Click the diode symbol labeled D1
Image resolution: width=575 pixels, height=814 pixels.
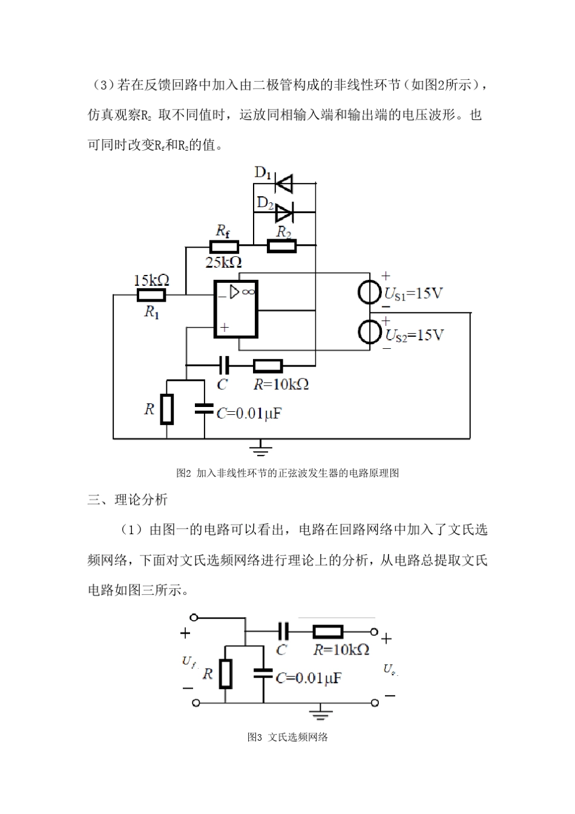click(283, 182)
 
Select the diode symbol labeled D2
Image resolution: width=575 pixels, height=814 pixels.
click(284, 213)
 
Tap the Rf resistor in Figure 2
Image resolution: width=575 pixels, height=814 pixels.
click(224, 246)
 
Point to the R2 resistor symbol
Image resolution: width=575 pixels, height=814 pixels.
click(282, 246)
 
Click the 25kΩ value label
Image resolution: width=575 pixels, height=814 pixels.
click(223, 262)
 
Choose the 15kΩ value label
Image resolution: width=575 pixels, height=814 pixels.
click(151, 280)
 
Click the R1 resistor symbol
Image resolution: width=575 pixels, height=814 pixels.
click(151, 296)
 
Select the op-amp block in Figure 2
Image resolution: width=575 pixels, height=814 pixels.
click(235, 309)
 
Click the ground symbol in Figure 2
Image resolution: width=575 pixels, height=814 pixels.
click(261, 448)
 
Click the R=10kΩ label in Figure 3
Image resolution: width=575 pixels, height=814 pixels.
click(341, 650)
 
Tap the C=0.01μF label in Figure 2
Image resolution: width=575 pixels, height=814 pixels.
click(249, 414)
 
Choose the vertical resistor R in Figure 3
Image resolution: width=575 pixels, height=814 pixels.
click(225, 673)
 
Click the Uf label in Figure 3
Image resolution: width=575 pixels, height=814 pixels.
click(189, 662)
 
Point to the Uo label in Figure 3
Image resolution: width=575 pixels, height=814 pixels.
click(390, 669)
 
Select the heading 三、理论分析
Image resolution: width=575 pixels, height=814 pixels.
click(128, 500)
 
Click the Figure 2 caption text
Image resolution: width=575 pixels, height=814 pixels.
click(287, 473)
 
